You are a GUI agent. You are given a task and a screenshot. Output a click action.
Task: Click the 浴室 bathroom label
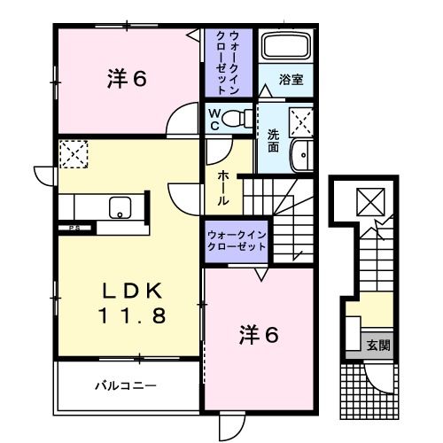291,79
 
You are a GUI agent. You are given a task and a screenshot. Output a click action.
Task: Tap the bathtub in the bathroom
285,49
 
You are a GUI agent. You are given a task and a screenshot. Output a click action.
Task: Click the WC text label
214,119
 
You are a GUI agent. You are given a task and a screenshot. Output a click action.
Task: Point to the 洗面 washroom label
274,141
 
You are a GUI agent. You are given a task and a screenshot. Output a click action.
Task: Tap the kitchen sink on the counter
119,208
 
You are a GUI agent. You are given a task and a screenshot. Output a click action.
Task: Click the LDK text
130,291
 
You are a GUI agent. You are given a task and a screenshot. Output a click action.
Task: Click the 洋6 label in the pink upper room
127,80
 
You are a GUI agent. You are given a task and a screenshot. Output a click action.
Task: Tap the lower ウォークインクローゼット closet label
237,240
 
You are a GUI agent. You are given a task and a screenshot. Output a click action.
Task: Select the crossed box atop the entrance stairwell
367,203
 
